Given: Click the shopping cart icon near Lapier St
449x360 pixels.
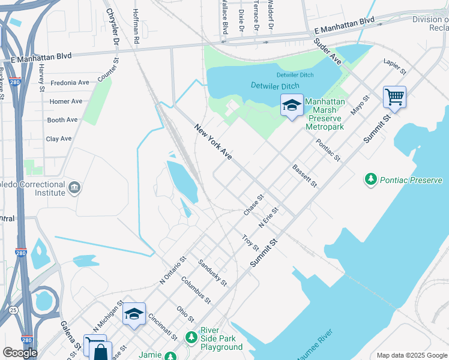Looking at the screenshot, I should tap(394, 97).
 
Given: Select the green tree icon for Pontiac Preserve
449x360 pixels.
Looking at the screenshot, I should tap(371, 179).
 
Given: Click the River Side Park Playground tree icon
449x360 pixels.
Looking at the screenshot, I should tap(191, 338).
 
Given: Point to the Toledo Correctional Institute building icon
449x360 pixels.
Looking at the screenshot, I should tap(74, 188).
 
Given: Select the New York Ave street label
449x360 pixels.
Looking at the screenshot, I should tap(213, 142).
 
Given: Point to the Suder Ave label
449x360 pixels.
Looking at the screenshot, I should tap(327, 52).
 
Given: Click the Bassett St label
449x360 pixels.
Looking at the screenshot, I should tap(304, 176).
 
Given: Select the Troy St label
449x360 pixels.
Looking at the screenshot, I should tap(250, 244).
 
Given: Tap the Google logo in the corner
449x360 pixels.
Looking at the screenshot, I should tap(20, 353).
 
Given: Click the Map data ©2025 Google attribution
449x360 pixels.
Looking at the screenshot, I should tap(412, 355).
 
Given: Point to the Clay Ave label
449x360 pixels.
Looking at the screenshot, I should tap(59, 139).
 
